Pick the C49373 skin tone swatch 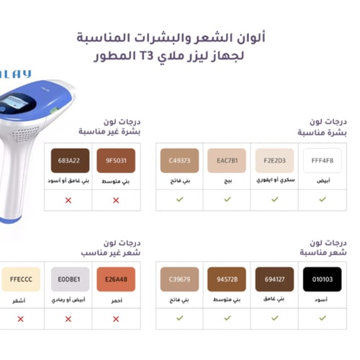coord(179,161)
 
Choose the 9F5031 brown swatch coord(116,161)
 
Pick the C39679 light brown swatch coord(179,279)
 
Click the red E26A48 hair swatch coord(116,279)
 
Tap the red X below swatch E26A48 coord(116,318)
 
